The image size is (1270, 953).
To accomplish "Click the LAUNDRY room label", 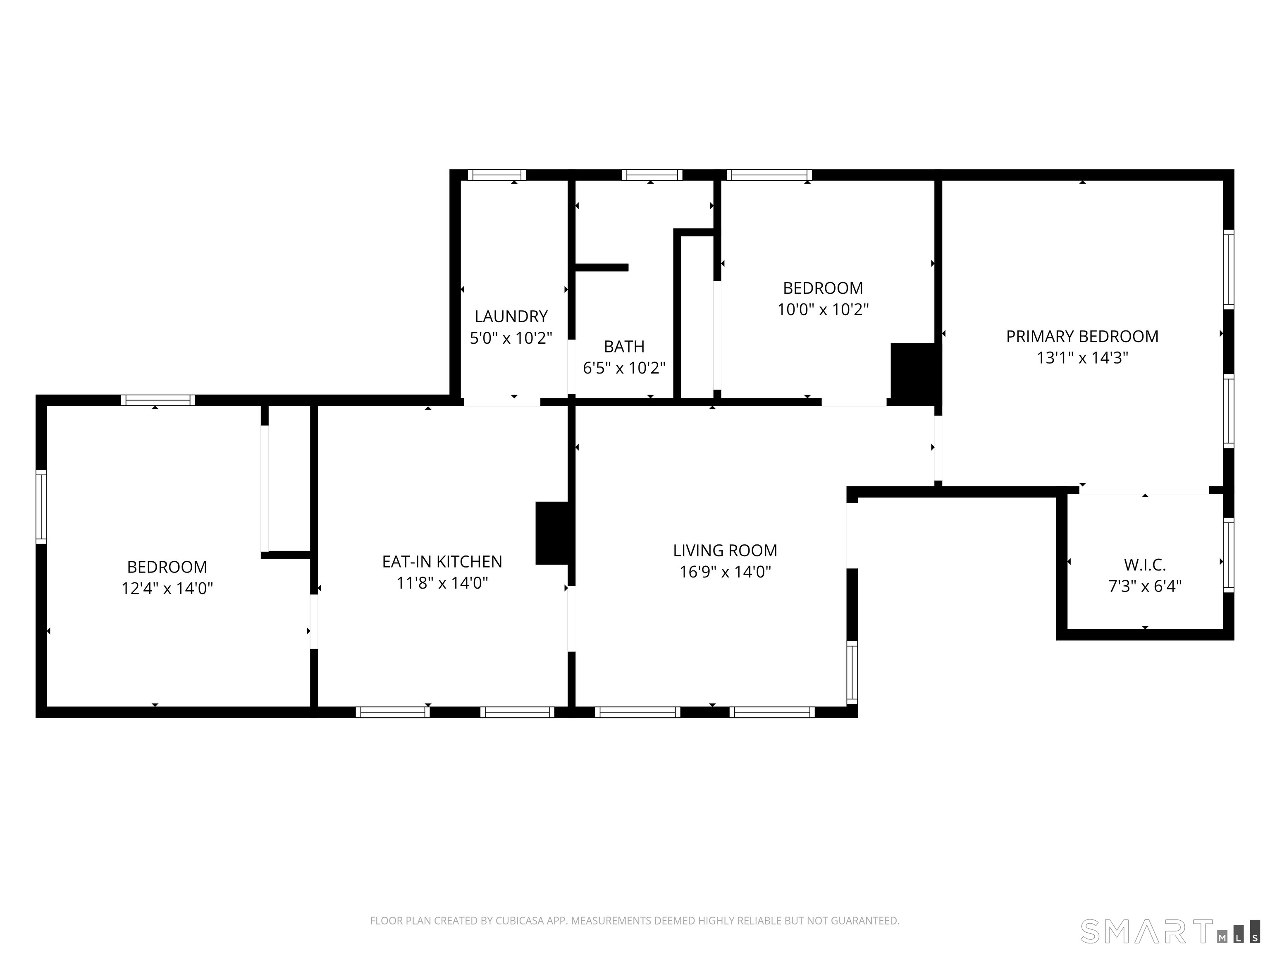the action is [x=511, y=316].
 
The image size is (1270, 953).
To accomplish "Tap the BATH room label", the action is [x=624, y=346].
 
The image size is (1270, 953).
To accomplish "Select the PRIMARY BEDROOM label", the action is [x=1082, y=337].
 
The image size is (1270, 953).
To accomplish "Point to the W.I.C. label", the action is [x=1145, y=565].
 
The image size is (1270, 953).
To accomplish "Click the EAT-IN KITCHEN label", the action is [x=442, y=562].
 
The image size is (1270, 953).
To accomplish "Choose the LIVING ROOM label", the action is [x=725, y=551].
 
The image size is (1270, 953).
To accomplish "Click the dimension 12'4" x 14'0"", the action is [x=167, y=589].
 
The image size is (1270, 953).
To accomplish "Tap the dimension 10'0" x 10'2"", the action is [x=823, y=310].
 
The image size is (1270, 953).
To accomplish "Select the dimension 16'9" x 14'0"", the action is [x=725, y=572].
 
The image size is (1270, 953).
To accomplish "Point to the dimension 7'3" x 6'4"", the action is [x=1145, y=587].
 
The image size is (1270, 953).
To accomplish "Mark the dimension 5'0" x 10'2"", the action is [x=511, y=338].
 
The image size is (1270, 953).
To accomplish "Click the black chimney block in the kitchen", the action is [x=552, y=533].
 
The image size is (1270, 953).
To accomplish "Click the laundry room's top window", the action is [x=497, y=175].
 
